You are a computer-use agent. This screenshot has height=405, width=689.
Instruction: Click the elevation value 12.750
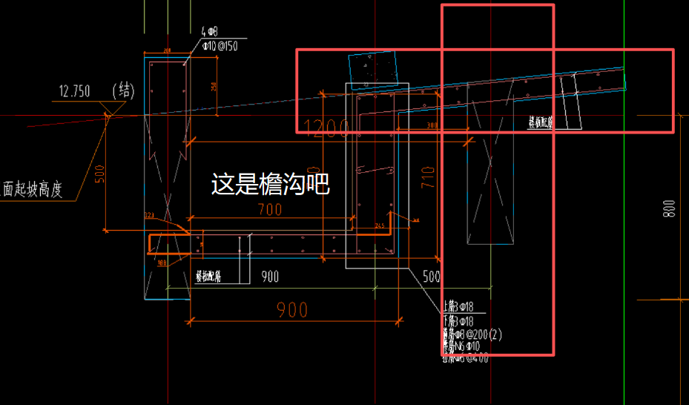tap(74, 91)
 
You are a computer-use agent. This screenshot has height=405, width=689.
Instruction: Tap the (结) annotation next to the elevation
tap(122, 90)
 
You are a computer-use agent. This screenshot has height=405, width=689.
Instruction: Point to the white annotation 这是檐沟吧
tap(270, 184)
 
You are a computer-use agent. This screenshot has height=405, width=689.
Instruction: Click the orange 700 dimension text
tap(269, 210)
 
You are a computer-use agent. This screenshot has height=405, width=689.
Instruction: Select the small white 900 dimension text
tap(270, 277)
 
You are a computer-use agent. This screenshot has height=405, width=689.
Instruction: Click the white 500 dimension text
tap(431, 277)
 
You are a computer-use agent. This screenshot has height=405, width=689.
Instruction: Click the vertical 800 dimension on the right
tap(670, 210)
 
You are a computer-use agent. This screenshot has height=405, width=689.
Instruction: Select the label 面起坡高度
tap(31, 191)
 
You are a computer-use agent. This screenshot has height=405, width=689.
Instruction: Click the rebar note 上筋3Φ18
tap(458, 306)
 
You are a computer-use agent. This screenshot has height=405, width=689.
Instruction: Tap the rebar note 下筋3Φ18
tap(458, 320)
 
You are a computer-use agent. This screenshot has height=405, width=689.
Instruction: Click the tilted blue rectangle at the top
tap(373, 69)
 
